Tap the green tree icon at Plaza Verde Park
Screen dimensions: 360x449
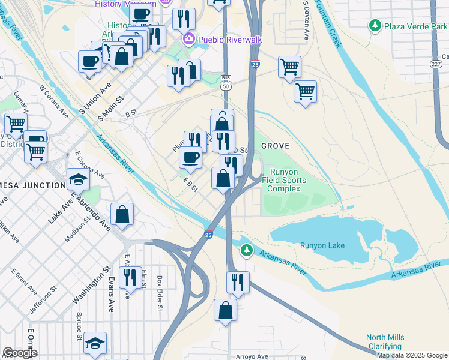375,25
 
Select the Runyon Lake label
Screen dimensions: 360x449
322,245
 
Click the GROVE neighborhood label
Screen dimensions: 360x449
275,146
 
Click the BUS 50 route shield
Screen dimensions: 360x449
226,82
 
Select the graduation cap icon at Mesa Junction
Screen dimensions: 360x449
77,179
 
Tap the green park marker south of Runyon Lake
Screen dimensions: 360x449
245,250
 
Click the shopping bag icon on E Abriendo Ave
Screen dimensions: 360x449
122,214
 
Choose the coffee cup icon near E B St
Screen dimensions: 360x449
191,157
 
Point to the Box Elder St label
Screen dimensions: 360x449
160,293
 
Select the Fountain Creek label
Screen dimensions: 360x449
333,24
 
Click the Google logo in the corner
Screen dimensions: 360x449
20,352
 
